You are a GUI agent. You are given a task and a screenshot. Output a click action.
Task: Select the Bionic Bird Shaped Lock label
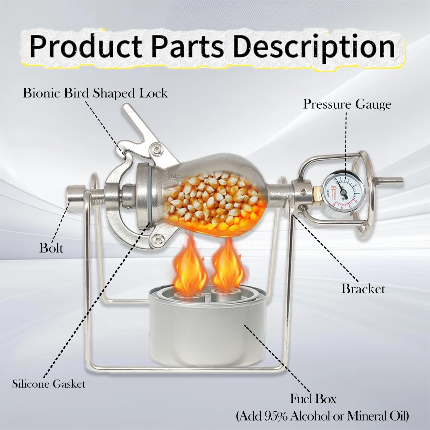click(95, 93)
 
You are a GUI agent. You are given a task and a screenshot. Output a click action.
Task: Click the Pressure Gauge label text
click(347, 104)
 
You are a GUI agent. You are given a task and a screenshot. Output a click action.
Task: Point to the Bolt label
click(51, 248)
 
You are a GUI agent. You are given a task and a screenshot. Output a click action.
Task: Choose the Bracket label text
click(363, 289)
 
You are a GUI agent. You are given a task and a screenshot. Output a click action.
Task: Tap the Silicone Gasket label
click(49, 384)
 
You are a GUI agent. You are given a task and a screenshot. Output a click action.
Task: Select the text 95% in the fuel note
click(275, 416)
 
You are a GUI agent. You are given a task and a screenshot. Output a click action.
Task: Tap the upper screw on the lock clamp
click(157, 149)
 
